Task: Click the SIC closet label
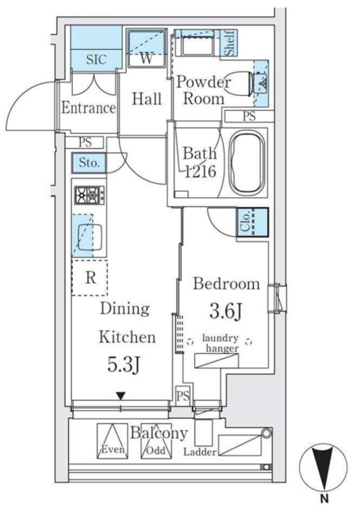(96, 59)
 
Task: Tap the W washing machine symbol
(147, 48)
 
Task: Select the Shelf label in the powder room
(229, 43)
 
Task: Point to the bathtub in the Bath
(247, 162)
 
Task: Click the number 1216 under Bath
(200, 171)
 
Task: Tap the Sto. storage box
(89, 162)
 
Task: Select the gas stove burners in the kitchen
(90, 195)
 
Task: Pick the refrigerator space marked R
(90, 277)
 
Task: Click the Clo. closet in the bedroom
(253, 223)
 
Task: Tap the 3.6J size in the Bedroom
(226, 311)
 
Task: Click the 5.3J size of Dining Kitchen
(124, 365)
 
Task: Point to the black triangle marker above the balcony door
(121, 396)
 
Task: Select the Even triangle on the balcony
(113, 440)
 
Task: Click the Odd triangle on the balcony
(156, 441)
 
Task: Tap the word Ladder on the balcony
(200, 452)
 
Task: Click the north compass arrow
(324, 467)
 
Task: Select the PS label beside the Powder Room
(249, 116)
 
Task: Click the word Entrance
(88, 108)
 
